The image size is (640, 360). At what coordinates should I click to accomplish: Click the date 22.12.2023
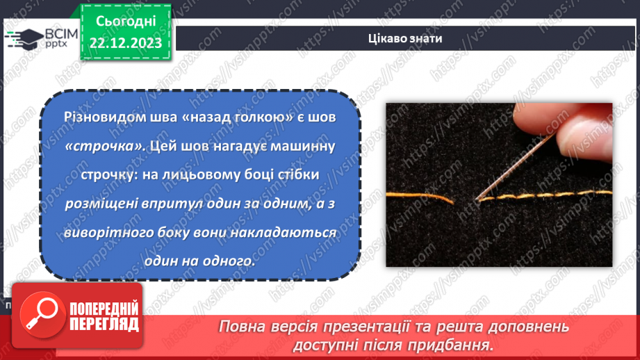[125, 43]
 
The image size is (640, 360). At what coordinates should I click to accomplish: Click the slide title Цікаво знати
[405, 38]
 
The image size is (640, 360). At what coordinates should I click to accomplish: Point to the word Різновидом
[98, 118]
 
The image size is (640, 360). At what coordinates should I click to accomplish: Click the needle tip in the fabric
[477, 199]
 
